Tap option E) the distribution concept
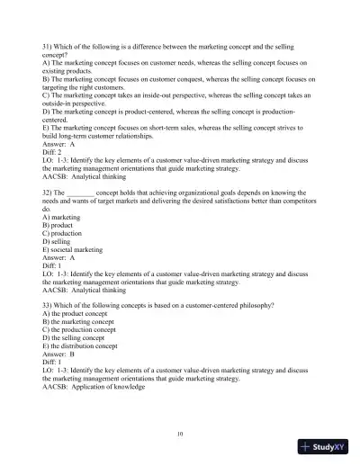click(x=92, y=349)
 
